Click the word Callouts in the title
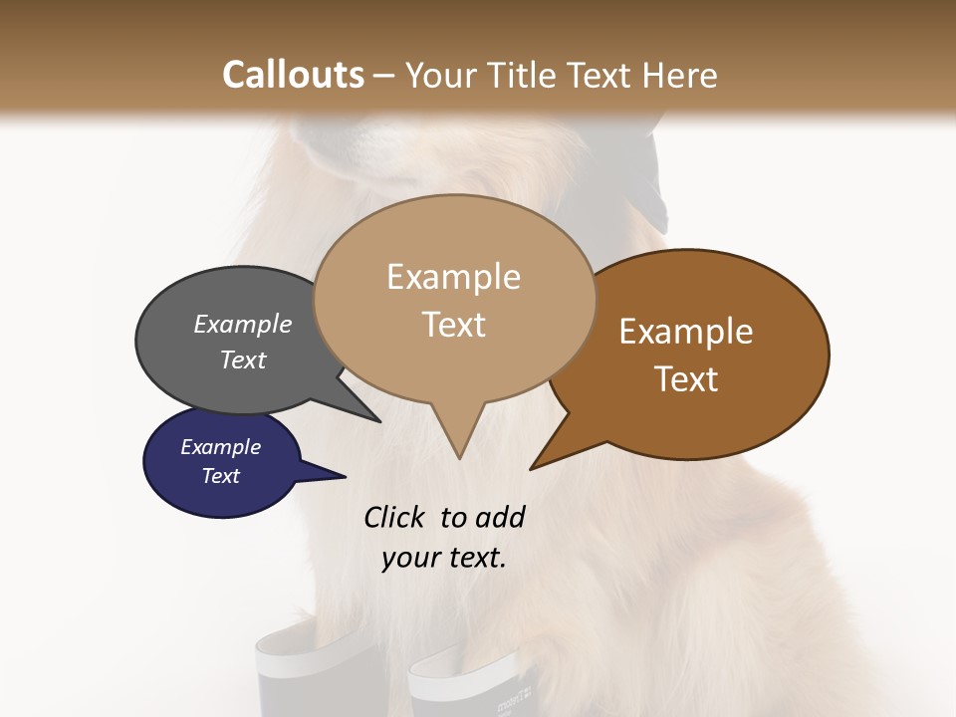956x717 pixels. pos(293,75)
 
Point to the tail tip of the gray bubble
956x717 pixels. pos(378,420)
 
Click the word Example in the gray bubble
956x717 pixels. pos(243,324)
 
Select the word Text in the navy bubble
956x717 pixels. pos(220,476)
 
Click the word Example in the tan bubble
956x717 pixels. pos(453,277)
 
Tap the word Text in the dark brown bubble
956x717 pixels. pos(686,379)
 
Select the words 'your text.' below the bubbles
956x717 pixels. pos(444,558)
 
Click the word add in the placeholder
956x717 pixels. pos(500,517)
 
